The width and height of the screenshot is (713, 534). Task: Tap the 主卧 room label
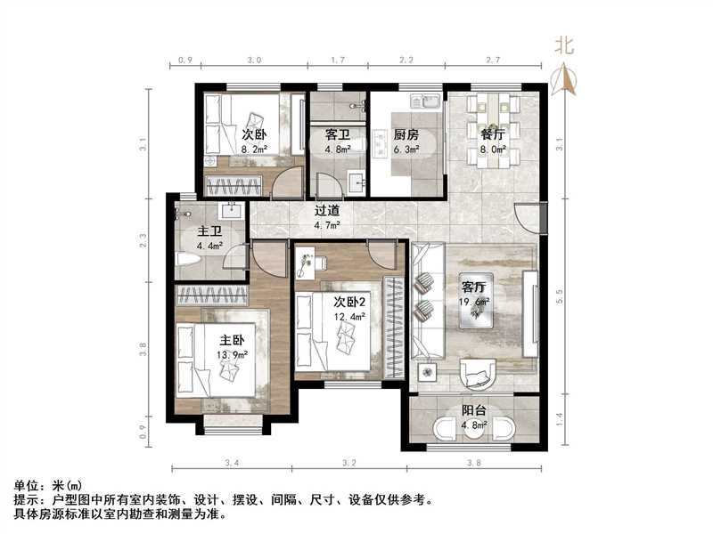coord(232,340)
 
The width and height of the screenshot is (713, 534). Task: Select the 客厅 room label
coord(473,287)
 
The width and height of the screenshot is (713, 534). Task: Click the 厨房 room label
coord(406,135)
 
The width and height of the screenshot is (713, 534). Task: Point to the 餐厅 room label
coord(493,135)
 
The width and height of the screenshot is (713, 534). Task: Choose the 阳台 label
coord(473,411)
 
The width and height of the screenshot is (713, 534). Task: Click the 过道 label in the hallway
coord(327,213)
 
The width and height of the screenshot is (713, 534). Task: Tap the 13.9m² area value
coord(232,354)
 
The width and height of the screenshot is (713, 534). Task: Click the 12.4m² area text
coord(349,316)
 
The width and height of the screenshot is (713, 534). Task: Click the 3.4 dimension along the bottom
coord(233,463)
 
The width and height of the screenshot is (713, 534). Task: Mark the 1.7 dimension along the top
coord(338,61)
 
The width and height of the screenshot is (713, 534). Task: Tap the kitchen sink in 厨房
coord(431,101)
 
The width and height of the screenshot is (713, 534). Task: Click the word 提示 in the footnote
coord(26,500)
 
